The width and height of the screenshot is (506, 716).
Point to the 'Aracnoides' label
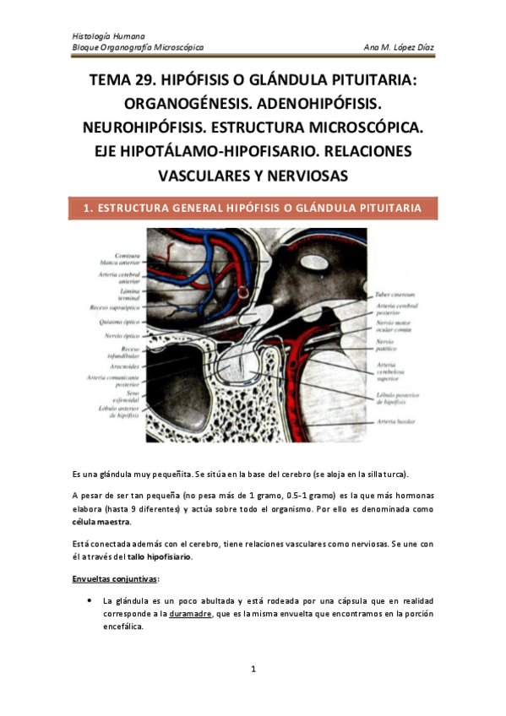(x=122, y=368)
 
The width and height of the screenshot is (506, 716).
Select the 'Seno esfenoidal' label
(x=124, y=395)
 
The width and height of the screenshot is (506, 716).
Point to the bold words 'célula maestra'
(x=101, y=523)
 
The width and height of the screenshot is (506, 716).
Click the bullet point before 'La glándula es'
(x=90, y=600)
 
